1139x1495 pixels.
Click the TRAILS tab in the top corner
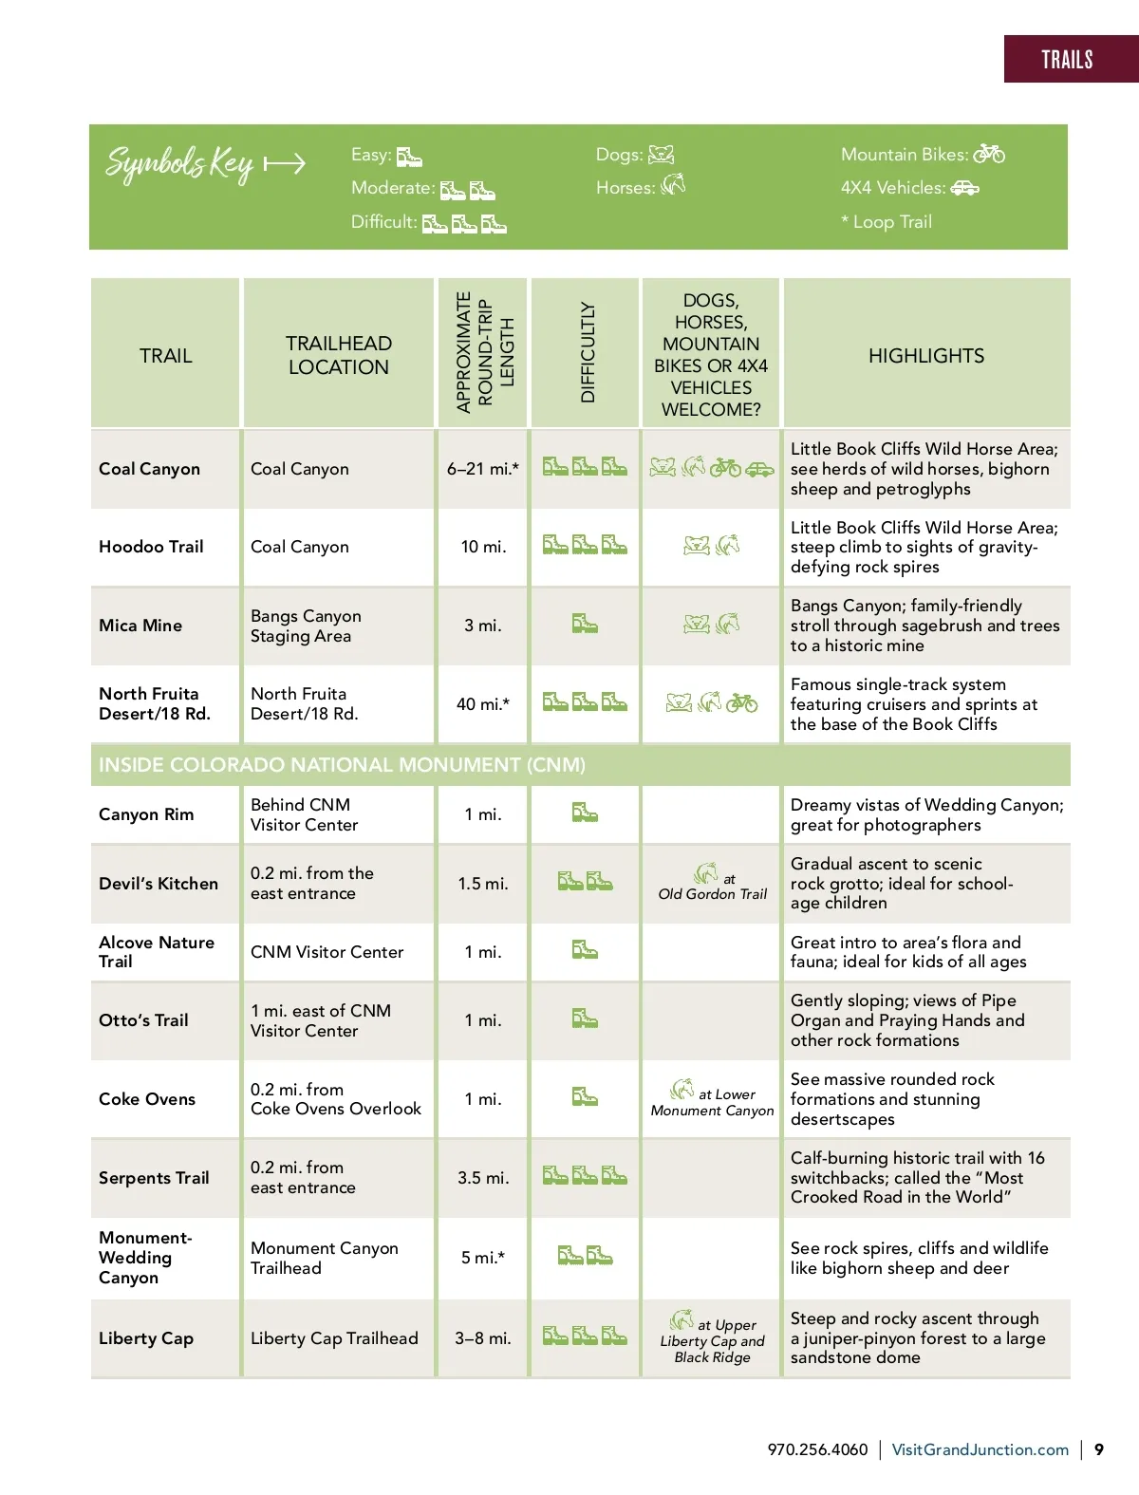[1067, 60]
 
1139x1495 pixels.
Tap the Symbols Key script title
[180, 164]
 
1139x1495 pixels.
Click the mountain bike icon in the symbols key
[988, 154]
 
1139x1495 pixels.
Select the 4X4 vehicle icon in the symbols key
[964, 188]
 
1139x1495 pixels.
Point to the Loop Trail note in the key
[887, 222]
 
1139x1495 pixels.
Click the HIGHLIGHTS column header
[925, 356]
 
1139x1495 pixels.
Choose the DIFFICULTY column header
[588, 352]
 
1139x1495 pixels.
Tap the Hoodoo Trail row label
[151, 547]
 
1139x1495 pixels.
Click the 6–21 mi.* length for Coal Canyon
[482, 469]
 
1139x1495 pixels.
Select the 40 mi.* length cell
[482, 704]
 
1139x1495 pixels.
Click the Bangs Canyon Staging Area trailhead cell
[306, 626]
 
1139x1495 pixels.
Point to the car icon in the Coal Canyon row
[759, 468]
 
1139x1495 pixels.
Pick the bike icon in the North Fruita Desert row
[742, 703]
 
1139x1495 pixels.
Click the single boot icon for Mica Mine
[585, 624]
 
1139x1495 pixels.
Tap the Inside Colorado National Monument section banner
[342, 765]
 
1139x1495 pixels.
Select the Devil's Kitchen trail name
[159, 884]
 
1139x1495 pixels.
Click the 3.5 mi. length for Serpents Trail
[482, 1178]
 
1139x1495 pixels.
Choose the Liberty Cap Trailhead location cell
[334, 1338]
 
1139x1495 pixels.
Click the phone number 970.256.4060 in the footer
[817, 1449]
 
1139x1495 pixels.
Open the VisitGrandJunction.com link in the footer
[980, 1449]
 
